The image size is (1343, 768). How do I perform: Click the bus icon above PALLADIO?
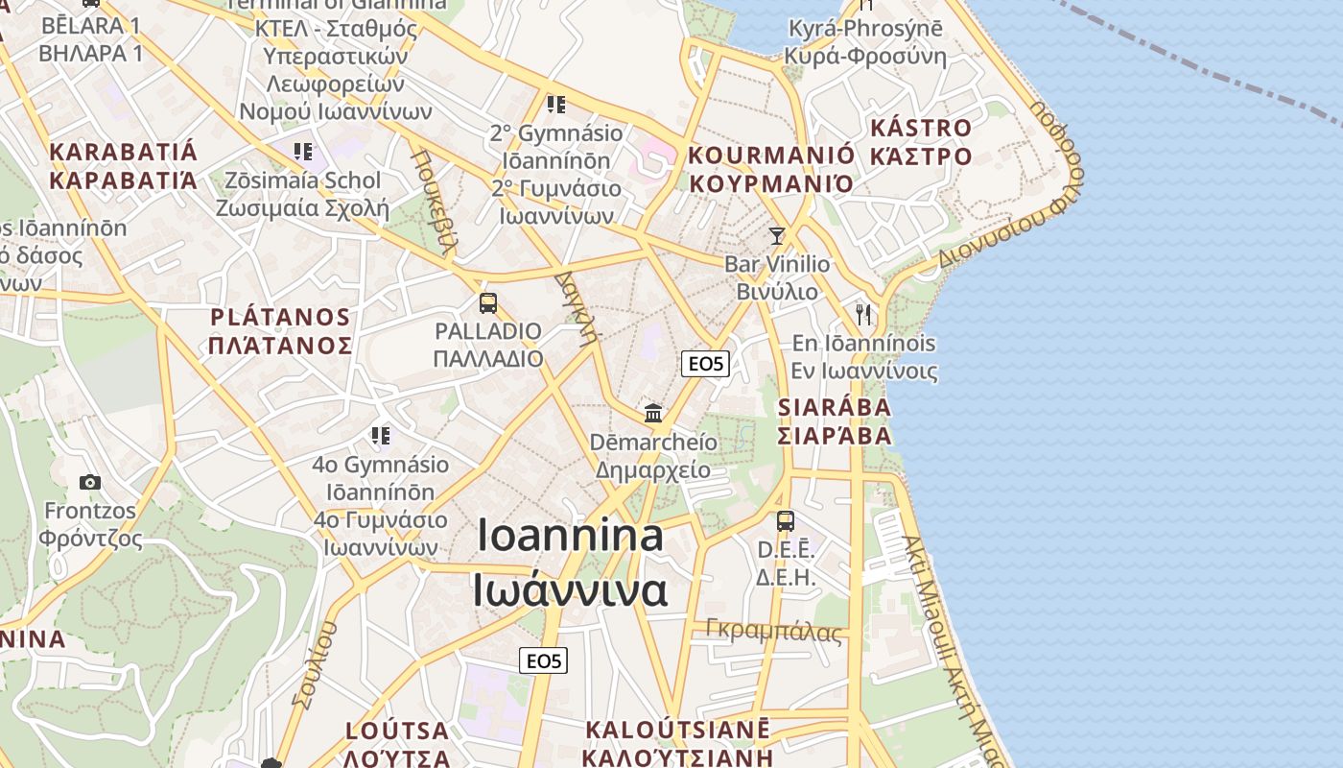tap(487, 303)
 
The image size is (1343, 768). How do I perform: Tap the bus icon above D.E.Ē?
tap(785, 521)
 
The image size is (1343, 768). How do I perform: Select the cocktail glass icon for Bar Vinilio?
tap(777, 235)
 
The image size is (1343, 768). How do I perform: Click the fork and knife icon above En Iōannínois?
tap(863, 314)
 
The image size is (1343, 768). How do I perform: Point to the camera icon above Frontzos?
tap(90, 482)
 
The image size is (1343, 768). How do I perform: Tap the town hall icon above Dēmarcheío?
tap(653, 413)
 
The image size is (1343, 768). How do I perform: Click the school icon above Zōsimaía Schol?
tap(303, 151)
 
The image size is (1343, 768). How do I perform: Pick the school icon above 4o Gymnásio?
tap(381, 436)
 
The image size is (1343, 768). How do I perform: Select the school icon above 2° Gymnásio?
tap(555, 104)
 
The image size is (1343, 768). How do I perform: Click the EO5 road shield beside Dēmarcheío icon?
tap(705, 364)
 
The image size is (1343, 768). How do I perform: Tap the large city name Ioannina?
tap(570, 536)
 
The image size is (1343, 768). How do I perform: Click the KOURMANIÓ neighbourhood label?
tap(771, 156)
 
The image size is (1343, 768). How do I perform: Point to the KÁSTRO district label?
tap(920, 128)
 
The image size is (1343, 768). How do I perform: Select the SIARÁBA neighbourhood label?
tap(834, 407)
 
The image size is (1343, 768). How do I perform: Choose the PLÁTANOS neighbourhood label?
tap(280, 317)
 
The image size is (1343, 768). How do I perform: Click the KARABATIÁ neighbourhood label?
tap(123, 152)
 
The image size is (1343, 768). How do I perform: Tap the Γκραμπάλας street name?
tap(773, 631)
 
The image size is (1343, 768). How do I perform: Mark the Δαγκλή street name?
tap(577, 306)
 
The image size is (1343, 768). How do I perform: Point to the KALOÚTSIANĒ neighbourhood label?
tap(676, 730)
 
